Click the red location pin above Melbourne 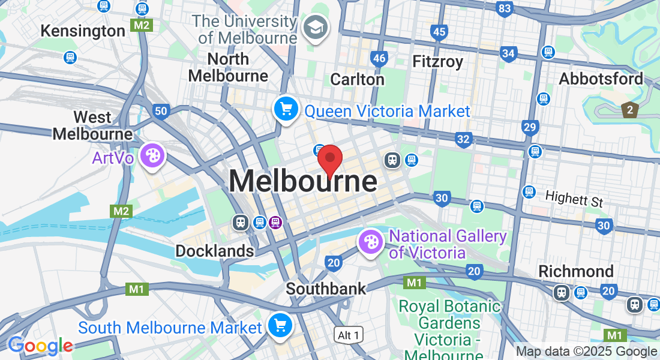coord(329,160)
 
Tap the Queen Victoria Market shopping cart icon coord(286,110)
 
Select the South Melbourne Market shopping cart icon coord(280,326)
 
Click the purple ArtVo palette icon coord(152,156)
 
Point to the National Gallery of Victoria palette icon coord(371,243)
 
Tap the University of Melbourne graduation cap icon coord(314,28)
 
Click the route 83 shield coord(505,8)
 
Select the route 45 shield coord(439,32)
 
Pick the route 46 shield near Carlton coord(379,58)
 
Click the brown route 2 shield coord(629,110)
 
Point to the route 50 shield coord(160,111)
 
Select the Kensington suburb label coord(83,31)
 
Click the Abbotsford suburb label coord(601,79)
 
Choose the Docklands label coord(214,251)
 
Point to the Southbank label coord(325,289)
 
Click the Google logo coord(40,346)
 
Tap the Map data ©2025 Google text coord(586,352)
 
